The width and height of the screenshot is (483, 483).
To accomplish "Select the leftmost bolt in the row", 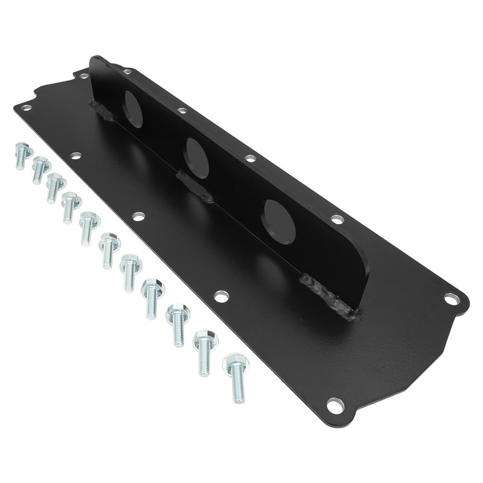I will click(22, 155).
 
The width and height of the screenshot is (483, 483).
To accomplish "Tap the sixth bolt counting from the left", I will click(109, 249).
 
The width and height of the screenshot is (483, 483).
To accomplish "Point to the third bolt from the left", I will click(55, 186).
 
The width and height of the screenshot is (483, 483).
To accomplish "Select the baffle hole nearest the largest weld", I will click(280, 221).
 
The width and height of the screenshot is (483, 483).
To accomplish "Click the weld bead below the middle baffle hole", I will click(194, 187).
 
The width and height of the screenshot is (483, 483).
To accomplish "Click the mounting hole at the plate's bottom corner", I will click(333, 403).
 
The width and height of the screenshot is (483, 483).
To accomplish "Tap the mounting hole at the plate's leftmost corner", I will click(26, 108).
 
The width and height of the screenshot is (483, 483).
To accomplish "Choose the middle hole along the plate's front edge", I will click(138, 216).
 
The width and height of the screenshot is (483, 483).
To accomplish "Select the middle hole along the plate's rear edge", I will click(250, 159).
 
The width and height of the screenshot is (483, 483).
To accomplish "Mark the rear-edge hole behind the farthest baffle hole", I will click(182, 111).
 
